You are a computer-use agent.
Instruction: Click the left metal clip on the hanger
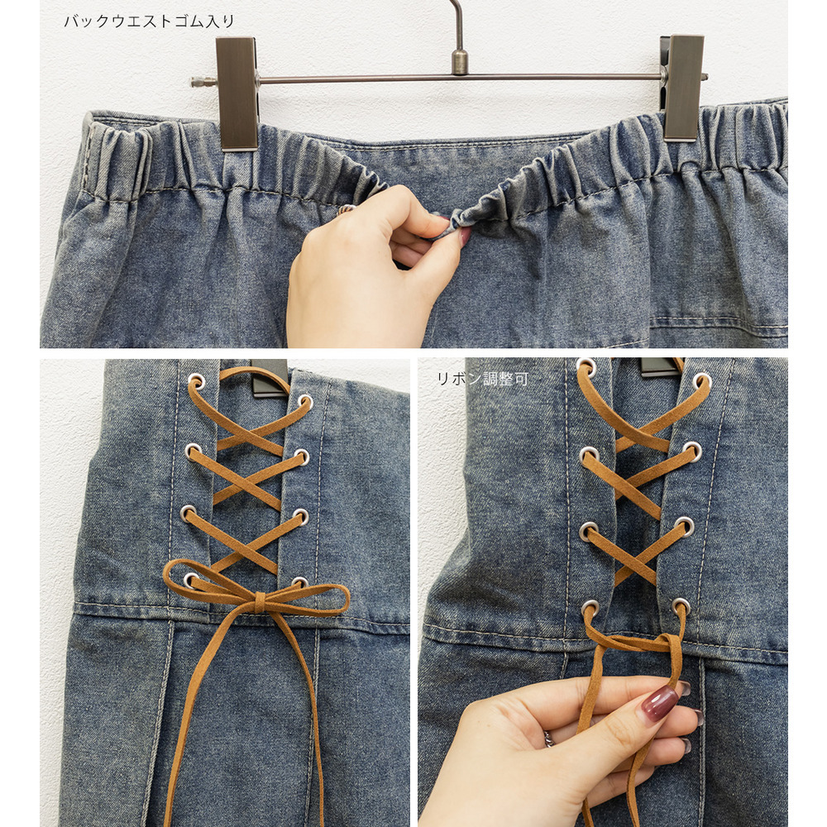point(237,93)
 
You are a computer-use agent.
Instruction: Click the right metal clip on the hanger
point(683,88)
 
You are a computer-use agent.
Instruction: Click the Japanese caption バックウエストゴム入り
point(149,22)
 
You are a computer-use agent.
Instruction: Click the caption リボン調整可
point(482,379)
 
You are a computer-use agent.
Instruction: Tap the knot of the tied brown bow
point(261,602)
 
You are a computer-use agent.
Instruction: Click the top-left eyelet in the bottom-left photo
point(196,380)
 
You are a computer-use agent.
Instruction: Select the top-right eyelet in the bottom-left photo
point(304,402)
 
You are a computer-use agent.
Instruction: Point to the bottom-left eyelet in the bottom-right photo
point(590,609)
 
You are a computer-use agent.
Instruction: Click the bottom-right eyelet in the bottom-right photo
point(681,606)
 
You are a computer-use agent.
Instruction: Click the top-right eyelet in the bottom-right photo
point(702,380)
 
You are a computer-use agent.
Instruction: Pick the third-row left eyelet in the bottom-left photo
point(188,512)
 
